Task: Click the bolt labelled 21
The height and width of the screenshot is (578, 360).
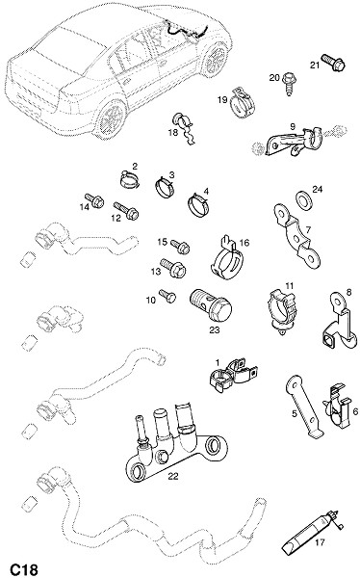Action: click(333, 63)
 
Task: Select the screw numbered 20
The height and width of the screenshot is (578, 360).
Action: click(290, 84)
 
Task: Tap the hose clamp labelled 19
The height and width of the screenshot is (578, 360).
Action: click(243, 102)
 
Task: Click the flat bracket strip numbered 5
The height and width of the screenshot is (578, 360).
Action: click(303, 407)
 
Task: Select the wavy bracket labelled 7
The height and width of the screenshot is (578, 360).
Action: click(296, 235)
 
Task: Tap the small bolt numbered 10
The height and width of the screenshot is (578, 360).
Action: click(167, 296)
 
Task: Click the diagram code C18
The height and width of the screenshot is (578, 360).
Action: click(24, 569)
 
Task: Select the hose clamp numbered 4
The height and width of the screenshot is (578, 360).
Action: click(199, 204)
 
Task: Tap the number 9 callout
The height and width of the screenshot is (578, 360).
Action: click(293, 127)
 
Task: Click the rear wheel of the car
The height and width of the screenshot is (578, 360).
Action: click(112, 118)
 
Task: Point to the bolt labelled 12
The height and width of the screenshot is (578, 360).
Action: click(126, 210)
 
